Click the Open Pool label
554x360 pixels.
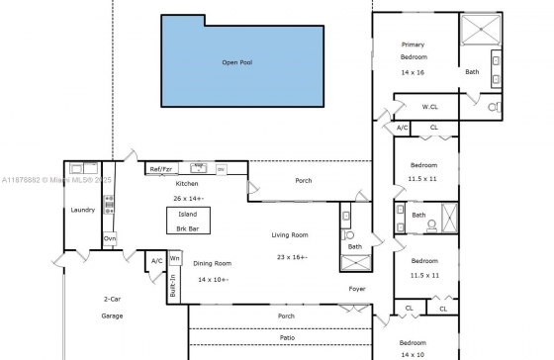237,62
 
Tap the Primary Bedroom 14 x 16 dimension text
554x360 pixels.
413,72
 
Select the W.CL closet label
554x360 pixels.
429,107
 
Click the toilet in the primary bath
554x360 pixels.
495,107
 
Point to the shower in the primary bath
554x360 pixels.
481,30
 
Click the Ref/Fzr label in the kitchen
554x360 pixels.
160,169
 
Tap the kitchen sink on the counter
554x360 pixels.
199,168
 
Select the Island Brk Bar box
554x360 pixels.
188,221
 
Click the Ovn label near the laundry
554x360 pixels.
110,238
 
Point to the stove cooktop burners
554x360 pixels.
109,205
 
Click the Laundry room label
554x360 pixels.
83,210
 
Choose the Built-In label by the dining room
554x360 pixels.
173,286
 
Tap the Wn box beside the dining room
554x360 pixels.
174,258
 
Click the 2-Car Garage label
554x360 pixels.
112,308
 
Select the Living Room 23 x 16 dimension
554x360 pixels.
292,257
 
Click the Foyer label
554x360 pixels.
357,289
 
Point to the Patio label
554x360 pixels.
287,337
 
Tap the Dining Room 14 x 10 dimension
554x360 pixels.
213,280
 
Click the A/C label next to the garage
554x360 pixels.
157,261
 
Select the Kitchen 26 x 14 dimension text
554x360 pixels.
189,199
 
